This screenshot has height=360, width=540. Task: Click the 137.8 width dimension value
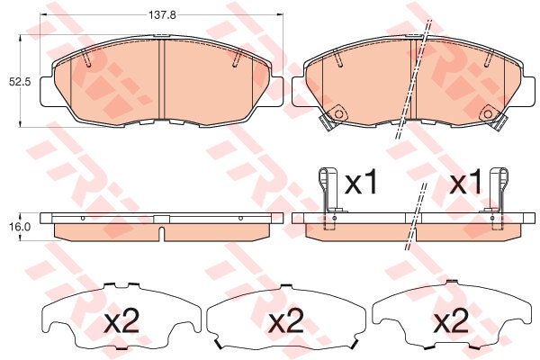point(162,14)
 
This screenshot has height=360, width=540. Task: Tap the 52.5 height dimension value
point(20,83)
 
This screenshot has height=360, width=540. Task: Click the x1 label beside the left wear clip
point(362,183)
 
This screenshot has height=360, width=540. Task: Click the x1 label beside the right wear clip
point(466,183)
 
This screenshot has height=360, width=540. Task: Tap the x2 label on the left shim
point(122,322)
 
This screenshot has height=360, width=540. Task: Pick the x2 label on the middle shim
point(286,322)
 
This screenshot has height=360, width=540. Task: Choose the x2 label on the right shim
point(451,322)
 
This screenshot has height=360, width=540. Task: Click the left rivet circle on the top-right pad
point(338,114)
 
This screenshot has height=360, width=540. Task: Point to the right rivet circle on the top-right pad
point(488,114)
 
